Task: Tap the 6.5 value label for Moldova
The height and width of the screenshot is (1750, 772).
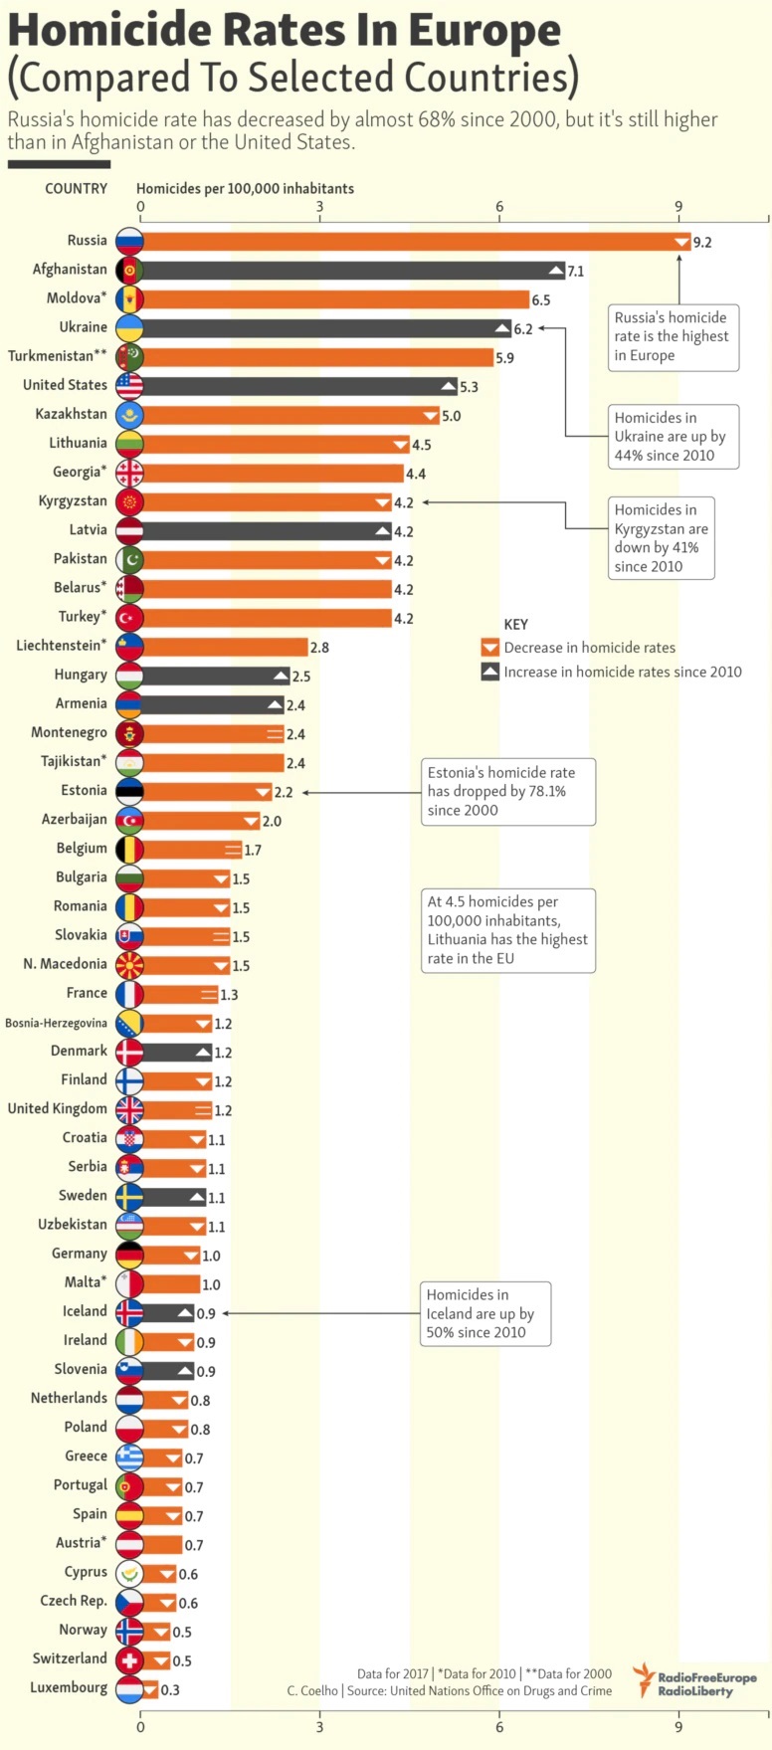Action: tap(541, 300)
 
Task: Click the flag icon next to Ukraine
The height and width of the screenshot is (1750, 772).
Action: tap(129, 328)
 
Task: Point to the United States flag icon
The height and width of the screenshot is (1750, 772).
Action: tap(129, 386)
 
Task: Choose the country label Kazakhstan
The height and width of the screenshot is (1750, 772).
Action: tap(71, 414)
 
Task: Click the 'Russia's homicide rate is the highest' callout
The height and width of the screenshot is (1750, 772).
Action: tap(674, 337)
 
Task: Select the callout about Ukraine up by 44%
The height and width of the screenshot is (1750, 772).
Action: tap(674, 437)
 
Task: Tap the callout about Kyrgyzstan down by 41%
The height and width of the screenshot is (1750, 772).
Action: tap(662, 538)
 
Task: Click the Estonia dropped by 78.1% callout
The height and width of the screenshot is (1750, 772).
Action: tap(507, 791)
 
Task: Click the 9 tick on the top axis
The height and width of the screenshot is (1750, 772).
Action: tap(678, 207)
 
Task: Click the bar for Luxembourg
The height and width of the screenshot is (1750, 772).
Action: tap(150, 1689)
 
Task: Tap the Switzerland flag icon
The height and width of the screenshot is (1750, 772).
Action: tap(129, 1660)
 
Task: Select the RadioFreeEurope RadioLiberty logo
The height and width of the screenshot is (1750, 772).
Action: tap(695, 1679)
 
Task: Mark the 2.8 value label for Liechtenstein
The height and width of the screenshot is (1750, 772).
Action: tap(319, 648)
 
